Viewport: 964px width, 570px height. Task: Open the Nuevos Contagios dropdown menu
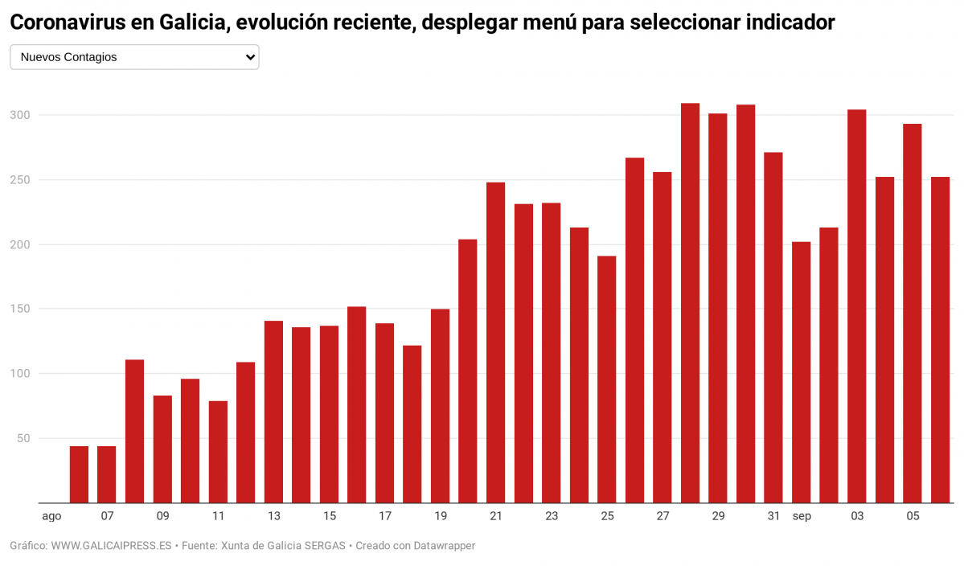(133, 57)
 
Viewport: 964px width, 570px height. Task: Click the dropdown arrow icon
(250, 57)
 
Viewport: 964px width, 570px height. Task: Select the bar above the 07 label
(106, 474)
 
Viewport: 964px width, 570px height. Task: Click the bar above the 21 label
(495, 342)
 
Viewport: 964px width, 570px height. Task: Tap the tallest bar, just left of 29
(690, 303)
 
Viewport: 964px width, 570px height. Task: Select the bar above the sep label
(801, 372)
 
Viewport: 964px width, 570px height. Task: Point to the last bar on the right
(940, 340)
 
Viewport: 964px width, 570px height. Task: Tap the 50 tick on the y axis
(24, 438)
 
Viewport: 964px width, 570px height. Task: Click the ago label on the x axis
(51, 516)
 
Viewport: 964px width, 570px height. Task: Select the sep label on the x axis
(801, 516)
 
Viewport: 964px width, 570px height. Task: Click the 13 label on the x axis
(273, 516)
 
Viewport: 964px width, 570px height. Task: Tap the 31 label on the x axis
(773, 516)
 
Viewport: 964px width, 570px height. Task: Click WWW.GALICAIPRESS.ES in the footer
(111, 546)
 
